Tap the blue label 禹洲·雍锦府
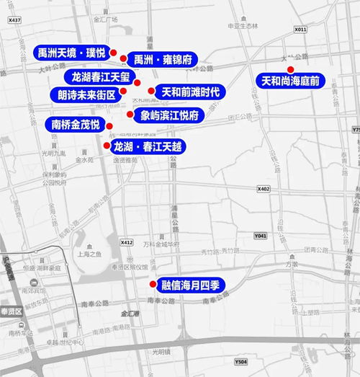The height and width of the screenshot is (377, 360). tap(162, 59)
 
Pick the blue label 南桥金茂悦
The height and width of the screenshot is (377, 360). tap(76, 124)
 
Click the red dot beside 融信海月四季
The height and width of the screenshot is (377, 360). tap(152, 284)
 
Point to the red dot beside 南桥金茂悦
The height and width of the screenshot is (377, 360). tap(109, 126)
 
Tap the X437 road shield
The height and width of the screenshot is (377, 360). tap(14, 21)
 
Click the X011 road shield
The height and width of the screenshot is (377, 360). tap(301, 30)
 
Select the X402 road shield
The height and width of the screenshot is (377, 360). tap(263, 188)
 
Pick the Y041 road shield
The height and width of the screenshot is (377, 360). tap(260, 236)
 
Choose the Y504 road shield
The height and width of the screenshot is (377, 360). tap(240, 362)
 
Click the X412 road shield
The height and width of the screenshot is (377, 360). tap(127, 242)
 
